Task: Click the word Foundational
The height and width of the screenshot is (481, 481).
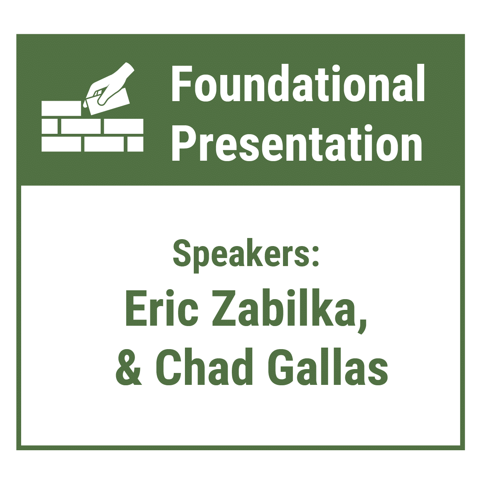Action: (x=298, y=83)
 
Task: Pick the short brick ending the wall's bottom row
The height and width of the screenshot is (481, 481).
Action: (x=136, y=144)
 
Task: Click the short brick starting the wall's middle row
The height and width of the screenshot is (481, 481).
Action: (x=50, y=126)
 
